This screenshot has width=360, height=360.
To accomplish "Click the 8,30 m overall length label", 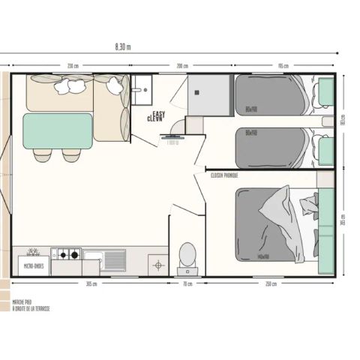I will [123, 46].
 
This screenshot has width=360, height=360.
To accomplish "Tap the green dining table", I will [58, 130].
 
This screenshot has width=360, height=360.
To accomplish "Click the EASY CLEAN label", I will [154, 116].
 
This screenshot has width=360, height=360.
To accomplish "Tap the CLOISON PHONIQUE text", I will [225, 175].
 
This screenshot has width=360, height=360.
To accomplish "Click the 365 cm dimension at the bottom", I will [91, 283].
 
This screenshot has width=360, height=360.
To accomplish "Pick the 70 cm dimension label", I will [187, 283].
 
